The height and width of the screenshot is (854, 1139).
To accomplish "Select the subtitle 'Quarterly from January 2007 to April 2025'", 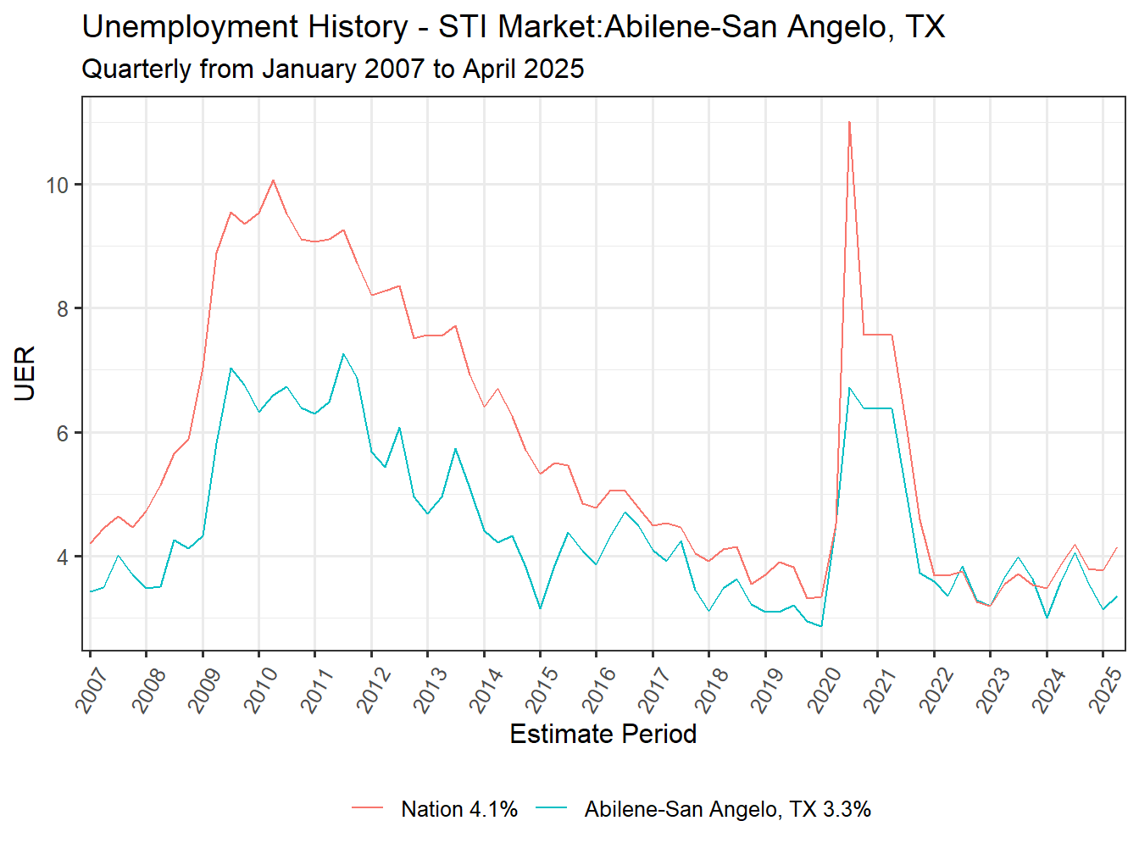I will point(333,69).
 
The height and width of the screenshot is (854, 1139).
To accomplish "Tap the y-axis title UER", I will point(25,373).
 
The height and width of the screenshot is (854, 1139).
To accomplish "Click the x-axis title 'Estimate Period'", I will point(603,734).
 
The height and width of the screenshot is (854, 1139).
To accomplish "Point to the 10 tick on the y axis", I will point(58,186).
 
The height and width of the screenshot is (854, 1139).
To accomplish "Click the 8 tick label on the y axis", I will point(63,309).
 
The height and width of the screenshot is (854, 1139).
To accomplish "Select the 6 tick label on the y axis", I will point(63,433).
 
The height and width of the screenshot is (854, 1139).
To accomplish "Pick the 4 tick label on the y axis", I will point(63,557).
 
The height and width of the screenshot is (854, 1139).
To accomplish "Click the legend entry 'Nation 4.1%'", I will point(458,809).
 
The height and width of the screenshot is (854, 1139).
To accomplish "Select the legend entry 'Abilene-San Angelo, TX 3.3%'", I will point(727,809).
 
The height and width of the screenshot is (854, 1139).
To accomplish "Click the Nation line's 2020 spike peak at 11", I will point(849,122).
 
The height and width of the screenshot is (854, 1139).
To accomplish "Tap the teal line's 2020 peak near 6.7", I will point(849,388).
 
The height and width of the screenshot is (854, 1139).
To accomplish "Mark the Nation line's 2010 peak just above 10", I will point(273,180).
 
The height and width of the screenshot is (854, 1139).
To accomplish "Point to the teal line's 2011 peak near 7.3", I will point(343,354).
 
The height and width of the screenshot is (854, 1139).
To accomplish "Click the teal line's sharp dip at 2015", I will point(540,608).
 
